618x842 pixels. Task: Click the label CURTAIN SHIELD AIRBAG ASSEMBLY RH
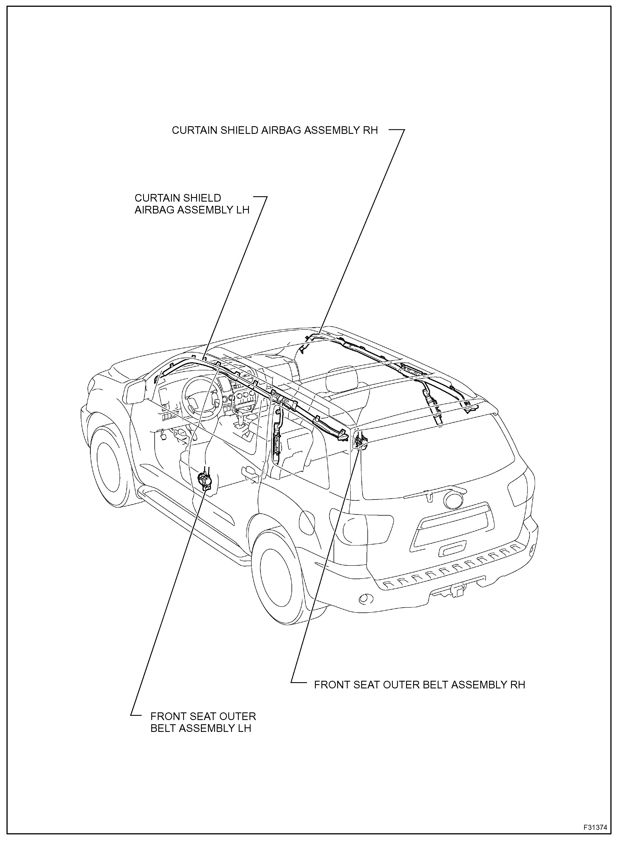275,130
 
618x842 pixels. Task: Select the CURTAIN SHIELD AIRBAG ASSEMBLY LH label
192,204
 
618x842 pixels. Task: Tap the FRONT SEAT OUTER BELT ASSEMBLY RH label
419,684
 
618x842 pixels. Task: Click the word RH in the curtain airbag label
372,130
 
